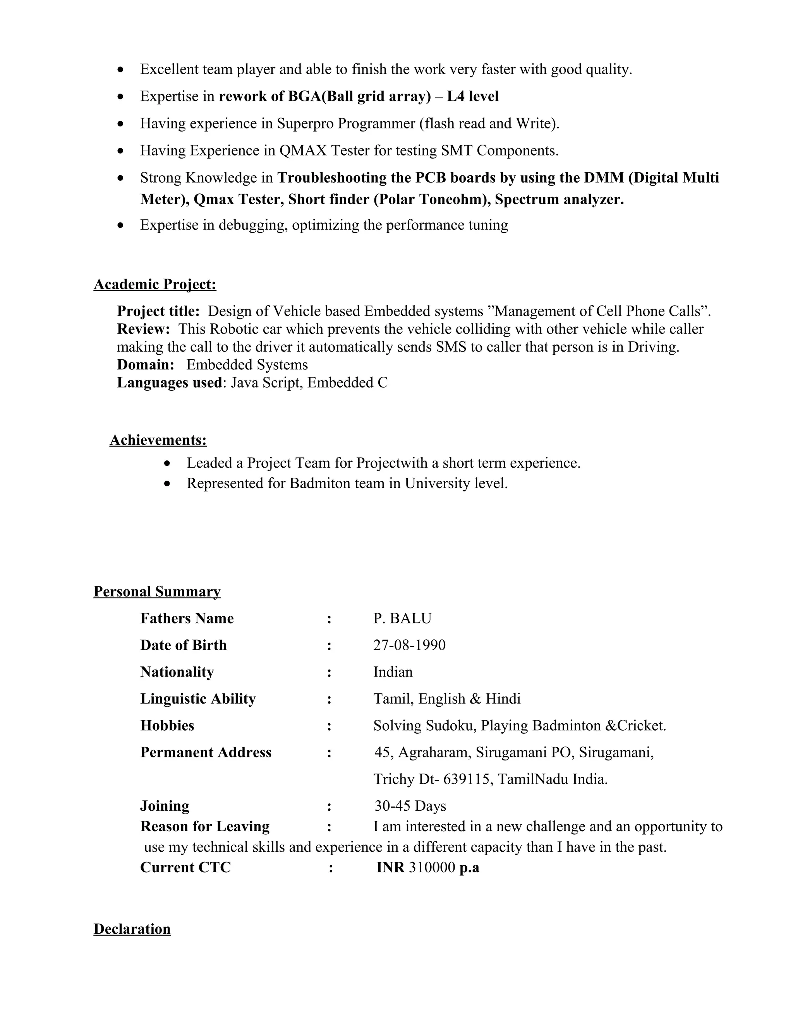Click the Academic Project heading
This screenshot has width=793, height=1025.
pyautogui.click(x=154, y=284)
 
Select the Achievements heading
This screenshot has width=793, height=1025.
pyautogui.click(x=158, y=440)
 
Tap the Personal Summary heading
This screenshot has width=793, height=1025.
pyautogui.click(x=157, y=591)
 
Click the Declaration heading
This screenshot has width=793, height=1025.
pyautogui.click(x=132, y=929)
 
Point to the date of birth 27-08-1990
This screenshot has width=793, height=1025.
pyautogui.click(x=409, y=645)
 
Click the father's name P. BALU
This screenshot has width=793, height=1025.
pyautogui.click(x=402, y=618)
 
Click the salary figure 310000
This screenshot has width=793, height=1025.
pyautogui.click(x=432, y=867)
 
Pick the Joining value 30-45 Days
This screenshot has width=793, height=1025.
pyautogui.click(x=410, y=806)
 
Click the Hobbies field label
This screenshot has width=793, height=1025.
pyautogui.click(x=167, y=726)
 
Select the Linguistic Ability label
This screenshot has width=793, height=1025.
pyautogui.click(x=198, y=699)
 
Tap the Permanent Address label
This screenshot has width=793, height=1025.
pyautogui.click(x=206, y=752)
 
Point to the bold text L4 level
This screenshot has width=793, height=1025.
pyautogui.click(x=473, y=96)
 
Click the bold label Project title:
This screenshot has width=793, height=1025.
pyautogui.click(x=158, y=311)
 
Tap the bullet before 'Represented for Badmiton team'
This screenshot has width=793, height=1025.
pyautogui.click(x=167, y=483)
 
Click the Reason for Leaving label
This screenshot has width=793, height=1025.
pyautogui.click(x=205, y=826)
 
